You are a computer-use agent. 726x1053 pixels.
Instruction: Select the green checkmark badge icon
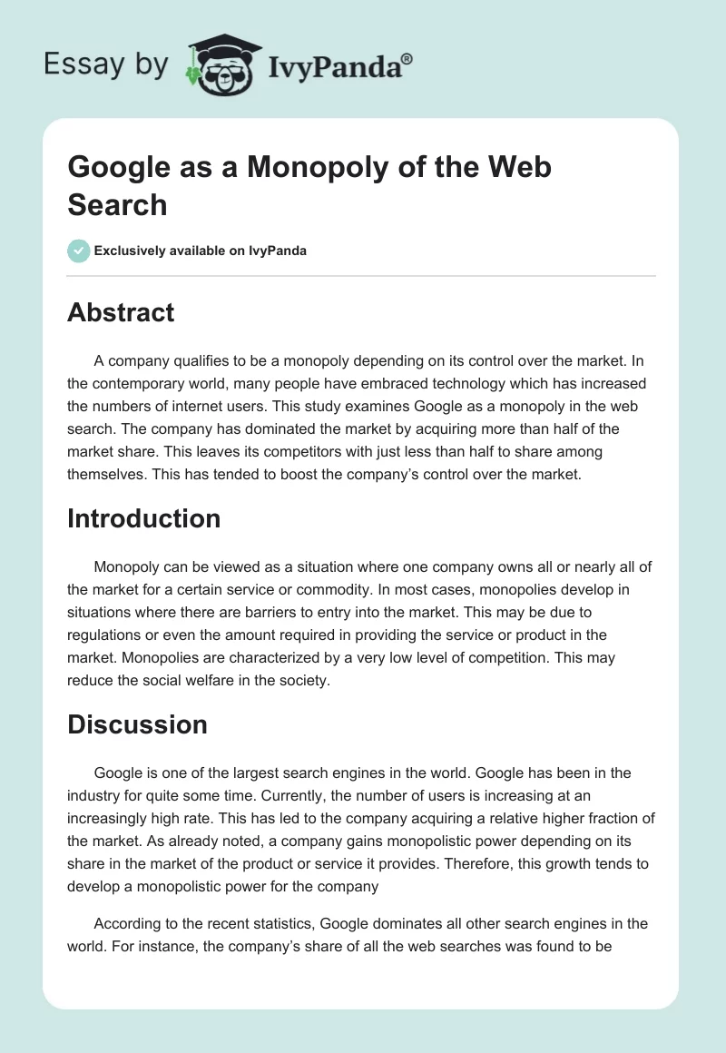(x=79, y=251)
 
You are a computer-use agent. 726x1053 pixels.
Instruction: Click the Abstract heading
(x=121, y=312)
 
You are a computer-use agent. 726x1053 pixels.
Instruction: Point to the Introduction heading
(x=144, y=518)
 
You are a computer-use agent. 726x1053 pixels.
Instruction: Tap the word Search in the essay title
(x=117, y=204)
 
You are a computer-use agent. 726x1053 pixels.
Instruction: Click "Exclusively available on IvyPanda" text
(x=201, y=251)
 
